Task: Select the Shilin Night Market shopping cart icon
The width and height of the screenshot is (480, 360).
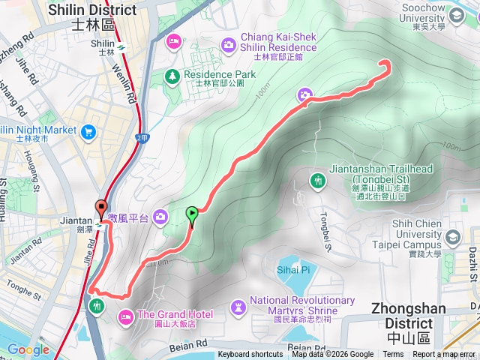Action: pos(89,132)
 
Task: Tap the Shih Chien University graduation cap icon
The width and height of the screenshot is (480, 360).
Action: pos(452,238)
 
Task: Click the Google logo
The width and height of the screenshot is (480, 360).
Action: pos(28,349)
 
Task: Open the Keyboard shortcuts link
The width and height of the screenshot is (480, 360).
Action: pos(250,355)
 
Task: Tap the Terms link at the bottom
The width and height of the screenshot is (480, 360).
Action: pos(393,355)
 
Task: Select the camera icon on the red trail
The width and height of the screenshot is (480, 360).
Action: pos(304,94)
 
